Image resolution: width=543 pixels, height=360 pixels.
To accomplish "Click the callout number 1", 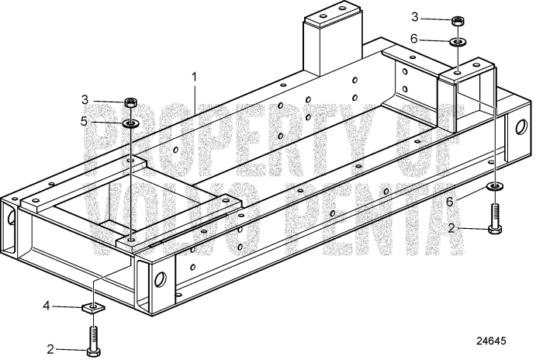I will [x=195, y=77].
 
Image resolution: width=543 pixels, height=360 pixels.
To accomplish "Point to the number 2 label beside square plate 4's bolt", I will [x=51, y=349].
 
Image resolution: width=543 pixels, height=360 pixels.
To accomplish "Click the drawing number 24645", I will [x=500, y=341].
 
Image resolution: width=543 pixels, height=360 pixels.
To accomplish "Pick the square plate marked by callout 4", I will [x=94, y=309].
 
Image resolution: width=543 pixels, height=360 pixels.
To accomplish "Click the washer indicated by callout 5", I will [x=130, y=122].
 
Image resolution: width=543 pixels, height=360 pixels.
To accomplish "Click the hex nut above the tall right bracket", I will [x=458, y=20].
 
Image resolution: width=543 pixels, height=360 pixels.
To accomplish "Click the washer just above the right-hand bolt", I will [x=494, y=187].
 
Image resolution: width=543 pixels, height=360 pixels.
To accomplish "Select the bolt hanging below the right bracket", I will [x=494, y=217].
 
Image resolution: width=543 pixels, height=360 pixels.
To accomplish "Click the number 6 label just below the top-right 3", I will [x=436, y=38].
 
